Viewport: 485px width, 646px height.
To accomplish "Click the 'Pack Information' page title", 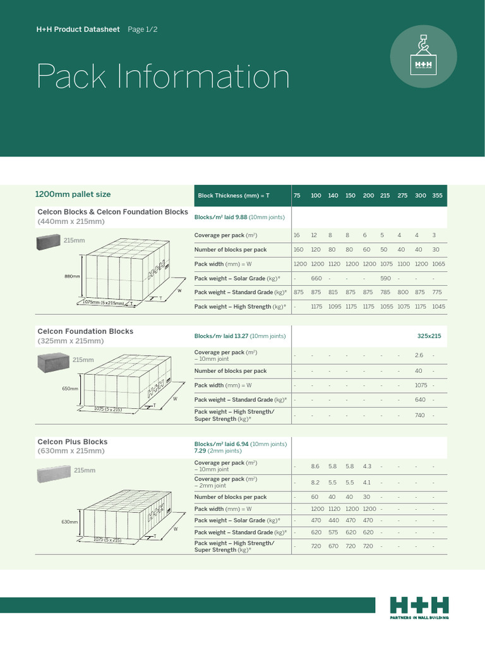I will [x=163, y=77].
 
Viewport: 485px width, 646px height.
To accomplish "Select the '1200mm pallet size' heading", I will [x=74, y=194].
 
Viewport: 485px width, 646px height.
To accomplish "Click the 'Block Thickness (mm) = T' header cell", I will [x=233, y=196].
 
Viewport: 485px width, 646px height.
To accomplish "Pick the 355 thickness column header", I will [x=438, y=196].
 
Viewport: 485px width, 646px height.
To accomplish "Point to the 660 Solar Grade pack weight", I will [x=316, y=278].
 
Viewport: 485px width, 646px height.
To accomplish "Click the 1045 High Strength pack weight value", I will [x=438, y=307].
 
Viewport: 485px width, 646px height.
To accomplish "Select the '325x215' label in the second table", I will [x=429, y=336].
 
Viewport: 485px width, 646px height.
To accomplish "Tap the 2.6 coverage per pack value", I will [x=419, y=355].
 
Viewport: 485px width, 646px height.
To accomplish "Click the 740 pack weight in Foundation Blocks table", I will [x=419, y=415].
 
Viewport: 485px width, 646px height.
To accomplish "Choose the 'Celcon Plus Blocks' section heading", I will [x=73, y=442].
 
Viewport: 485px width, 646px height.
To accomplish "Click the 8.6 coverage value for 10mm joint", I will [x=315, y=466].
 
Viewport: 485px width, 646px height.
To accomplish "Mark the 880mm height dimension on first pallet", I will [x=72, y=276].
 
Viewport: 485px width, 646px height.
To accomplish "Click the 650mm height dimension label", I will [x=69, y=389].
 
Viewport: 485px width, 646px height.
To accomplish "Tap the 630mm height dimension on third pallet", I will [x=69, y=522].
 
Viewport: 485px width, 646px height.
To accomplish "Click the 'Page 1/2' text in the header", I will [x=143, y=30].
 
